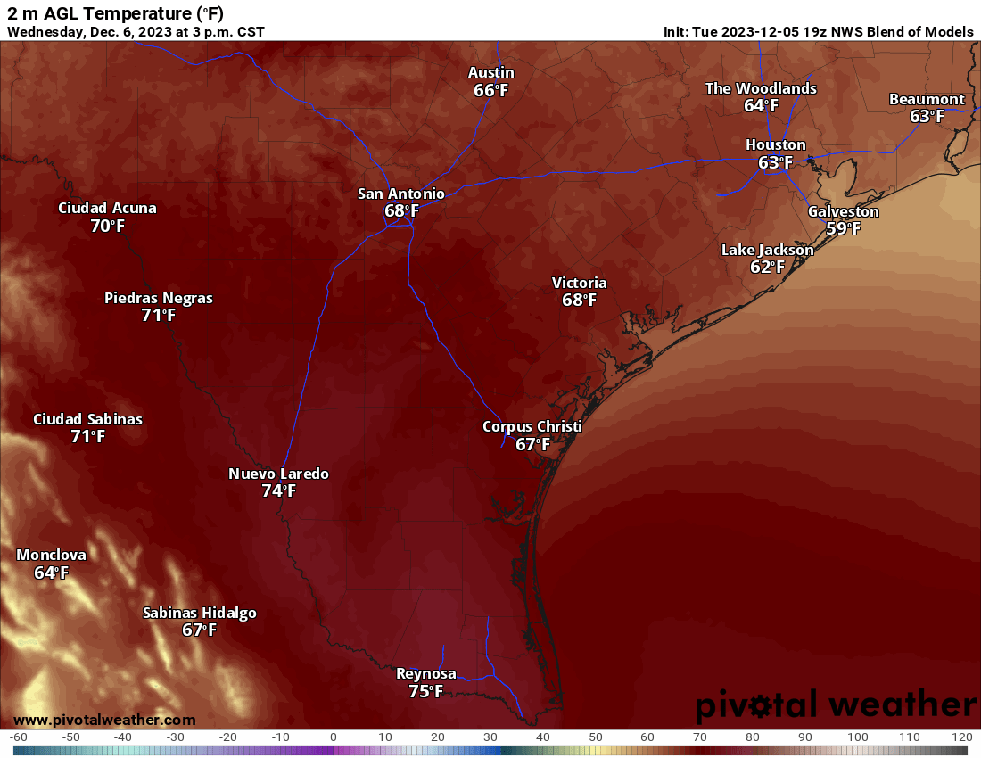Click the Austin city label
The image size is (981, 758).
[x=491, y=72]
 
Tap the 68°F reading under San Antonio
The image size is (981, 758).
[x=401, y=211]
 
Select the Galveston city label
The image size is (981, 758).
[x=843, y=211]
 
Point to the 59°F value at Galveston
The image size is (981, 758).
[x=843, y=229]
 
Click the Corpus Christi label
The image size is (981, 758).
[x=532, y=426]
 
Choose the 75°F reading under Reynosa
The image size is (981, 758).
[x=425, y=691]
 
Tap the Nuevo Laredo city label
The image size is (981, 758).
[x=278, y=474]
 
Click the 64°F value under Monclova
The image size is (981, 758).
[x=51, y=573]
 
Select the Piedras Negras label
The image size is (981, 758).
[x=159, y=298]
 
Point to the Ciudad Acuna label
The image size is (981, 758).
[x=107, y=208]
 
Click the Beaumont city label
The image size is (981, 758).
[x=927, y=99]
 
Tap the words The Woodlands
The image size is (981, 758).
[x=761, y=88]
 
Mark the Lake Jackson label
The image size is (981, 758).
[x=767, y=250]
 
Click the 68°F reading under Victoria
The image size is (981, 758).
[x=579, y=301]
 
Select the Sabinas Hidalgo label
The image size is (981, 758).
[x=200, y=613]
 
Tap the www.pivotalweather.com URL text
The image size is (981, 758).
[x=104, y=720]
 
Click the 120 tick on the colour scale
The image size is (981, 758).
[x=961, y=737]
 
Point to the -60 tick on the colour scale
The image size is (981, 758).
[x=19, y=737]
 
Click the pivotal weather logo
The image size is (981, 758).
[x=836, y=705]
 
